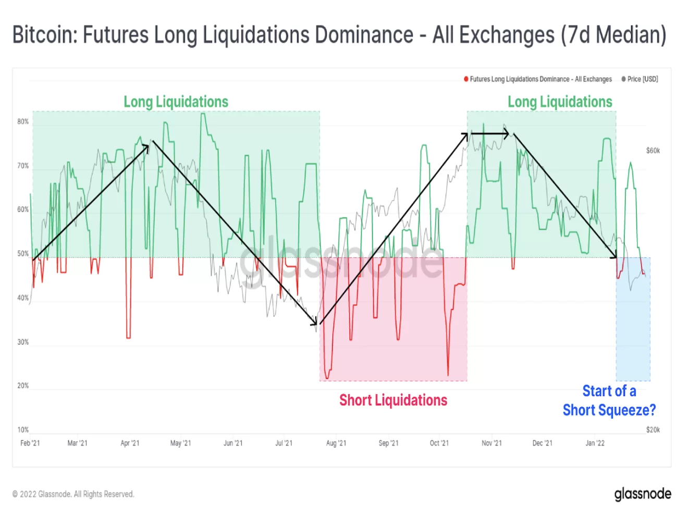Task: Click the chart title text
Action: [339, 35]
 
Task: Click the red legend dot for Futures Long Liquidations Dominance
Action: [466, 79]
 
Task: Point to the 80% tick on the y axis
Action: [23, 121]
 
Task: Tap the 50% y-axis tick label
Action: [23, 254]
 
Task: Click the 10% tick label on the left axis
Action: [23, 430]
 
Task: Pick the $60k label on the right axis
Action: [653, 151]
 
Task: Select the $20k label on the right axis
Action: [653, 430]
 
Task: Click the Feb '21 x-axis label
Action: [30, 443]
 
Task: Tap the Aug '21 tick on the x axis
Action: [336, 443]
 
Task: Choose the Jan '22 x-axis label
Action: [595, 443]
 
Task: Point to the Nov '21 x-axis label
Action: [492, 443]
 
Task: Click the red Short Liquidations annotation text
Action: [393, 400]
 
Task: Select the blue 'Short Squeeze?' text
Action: [609, 410]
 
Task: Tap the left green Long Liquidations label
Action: [176, 102]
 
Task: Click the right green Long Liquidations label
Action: [560, 102]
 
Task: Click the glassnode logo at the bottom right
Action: [642, 494]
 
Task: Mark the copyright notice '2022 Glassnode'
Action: [73, 494]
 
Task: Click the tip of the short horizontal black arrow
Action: [508, 134]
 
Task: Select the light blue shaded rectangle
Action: [633, 334]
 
